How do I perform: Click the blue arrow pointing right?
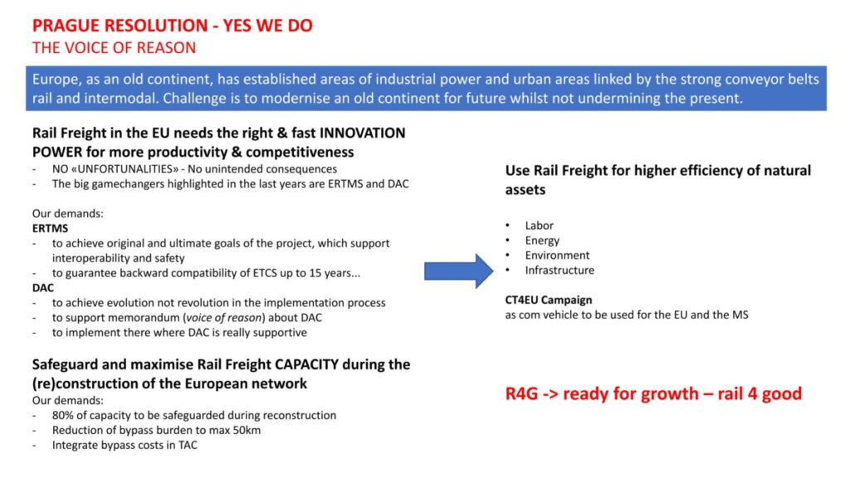point(458,271)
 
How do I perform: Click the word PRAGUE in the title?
point(66,26)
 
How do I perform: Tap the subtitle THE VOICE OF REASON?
point(114,47)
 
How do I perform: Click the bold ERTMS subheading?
point(50,228)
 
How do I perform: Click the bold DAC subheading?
point(43,288)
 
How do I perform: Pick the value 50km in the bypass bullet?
point(247,431)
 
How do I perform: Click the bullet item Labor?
point(539,226)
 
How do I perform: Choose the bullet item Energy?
point(542,241)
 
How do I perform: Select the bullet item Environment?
point(557,256)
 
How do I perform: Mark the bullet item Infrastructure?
point(559,270)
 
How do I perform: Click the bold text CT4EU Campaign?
point(549,300)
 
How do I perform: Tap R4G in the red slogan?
point(521,393)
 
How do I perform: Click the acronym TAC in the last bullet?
point(188,445)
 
